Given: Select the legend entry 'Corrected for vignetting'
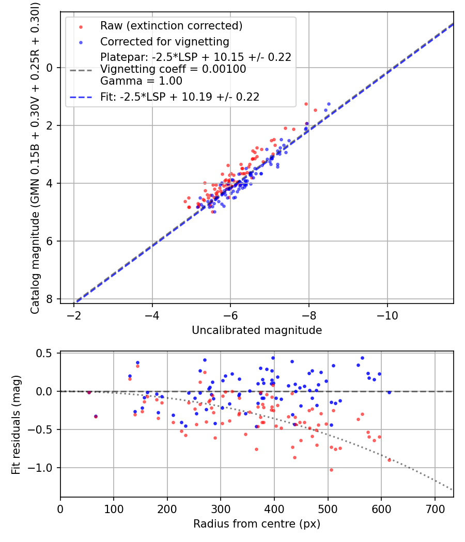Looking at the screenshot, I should (x=164, y=41).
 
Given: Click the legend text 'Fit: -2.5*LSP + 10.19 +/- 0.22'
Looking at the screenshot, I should (x=179, y=97).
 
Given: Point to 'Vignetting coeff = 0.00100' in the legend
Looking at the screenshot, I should (x=173, y=69).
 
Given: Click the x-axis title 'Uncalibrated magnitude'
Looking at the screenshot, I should (x=257, y=330).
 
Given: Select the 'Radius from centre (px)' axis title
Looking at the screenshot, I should (x=257, y=524).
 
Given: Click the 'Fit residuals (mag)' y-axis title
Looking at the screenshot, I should (x=16, y=424).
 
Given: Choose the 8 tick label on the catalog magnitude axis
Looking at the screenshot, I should (x=49, y=299).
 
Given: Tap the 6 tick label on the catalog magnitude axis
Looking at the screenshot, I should (x=49, y=241).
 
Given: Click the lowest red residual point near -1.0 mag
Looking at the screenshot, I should (x=331, y=470).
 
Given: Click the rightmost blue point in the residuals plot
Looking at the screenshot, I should (x=389, y=392).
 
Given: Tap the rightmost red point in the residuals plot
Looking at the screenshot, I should (x=389, y=459).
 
